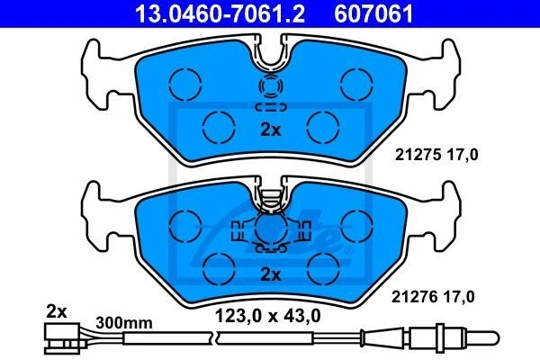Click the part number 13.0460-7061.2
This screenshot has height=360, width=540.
click(220, 13)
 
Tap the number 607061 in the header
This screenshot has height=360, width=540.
click(373, 13)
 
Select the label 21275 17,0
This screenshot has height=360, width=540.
click(436, 155)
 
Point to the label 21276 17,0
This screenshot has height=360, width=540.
click(433, 297)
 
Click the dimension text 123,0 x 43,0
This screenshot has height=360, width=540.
click(267, 316)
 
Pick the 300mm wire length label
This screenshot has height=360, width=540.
click(124, 323)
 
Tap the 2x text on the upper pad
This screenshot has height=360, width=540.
click(271, 130)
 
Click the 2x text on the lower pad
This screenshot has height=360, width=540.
click(271, 274)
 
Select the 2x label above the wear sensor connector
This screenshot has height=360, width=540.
click(56, 312)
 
